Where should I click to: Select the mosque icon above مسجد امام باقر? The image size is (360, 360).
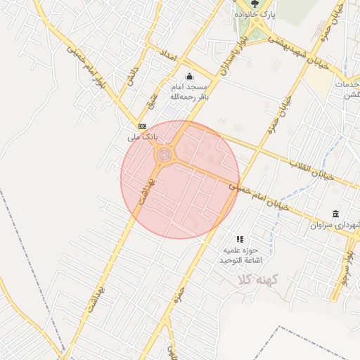pos(188,77)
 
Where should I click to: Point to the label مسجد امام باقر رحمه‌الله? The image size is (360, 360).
pos(188,91)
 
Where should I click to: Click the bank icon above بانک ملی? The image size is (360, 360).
pos(142,125)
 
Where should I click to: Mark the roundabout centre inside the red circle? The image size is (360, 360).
pos(165,154)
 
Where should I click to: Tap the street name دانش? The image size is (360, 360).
pos(131,76)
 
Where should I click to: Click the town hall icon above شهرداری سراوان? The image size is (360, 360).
pos(335,214)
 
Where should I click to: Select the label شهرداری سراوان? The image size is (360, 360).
pos(335,226)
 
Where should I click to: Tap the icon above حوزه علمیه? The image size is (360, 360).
pos(240,239)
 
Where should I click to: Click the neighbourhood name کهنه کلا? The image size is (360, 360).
pos(259,280)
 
